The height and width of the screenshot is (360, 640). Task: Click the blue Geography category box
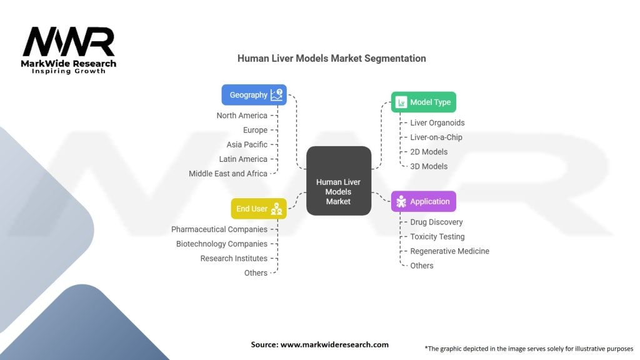click(254, 95)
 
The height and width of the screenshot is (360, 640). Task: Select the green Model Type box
click(423, 102)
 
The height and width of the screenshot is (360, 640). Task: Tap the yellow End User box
click(259, 209)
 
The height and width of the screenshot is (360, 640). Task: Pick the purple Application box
click(423, 201)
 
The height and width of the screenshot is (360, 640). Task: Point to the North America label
click(242, 116)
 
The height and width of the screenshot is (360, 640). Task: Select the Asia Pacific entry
click(247, 144)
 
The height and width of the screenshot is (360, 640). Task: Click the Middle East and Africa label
click(228, 173)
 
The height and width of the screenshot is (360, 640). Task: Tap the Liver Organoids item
click(437, 123)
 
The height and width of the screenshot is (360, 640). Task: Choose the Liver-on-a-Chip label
click(436, 137)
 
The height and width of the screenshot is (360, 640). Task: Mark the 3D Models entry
click(429, 166)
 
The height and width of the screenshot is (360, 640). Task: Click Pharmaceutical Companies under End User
click(219, 229)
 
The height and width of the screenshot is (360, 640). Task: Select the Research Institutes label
click(234, 258)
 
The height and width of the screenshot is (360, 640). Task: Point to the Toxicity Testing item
click(437, 237)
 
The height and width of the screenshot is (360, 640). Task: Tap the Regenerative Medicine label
click(449, 251)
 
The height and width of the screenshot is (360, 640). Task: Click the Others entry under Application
click(422, 266)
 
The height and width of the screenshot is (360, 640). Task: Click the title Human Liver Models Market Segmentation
click(331, 58)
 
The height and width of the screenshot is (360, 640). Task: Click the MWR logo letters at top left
click(69, 42)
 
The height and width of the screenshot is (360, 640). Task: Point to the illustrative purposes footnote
click(529, 348)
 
